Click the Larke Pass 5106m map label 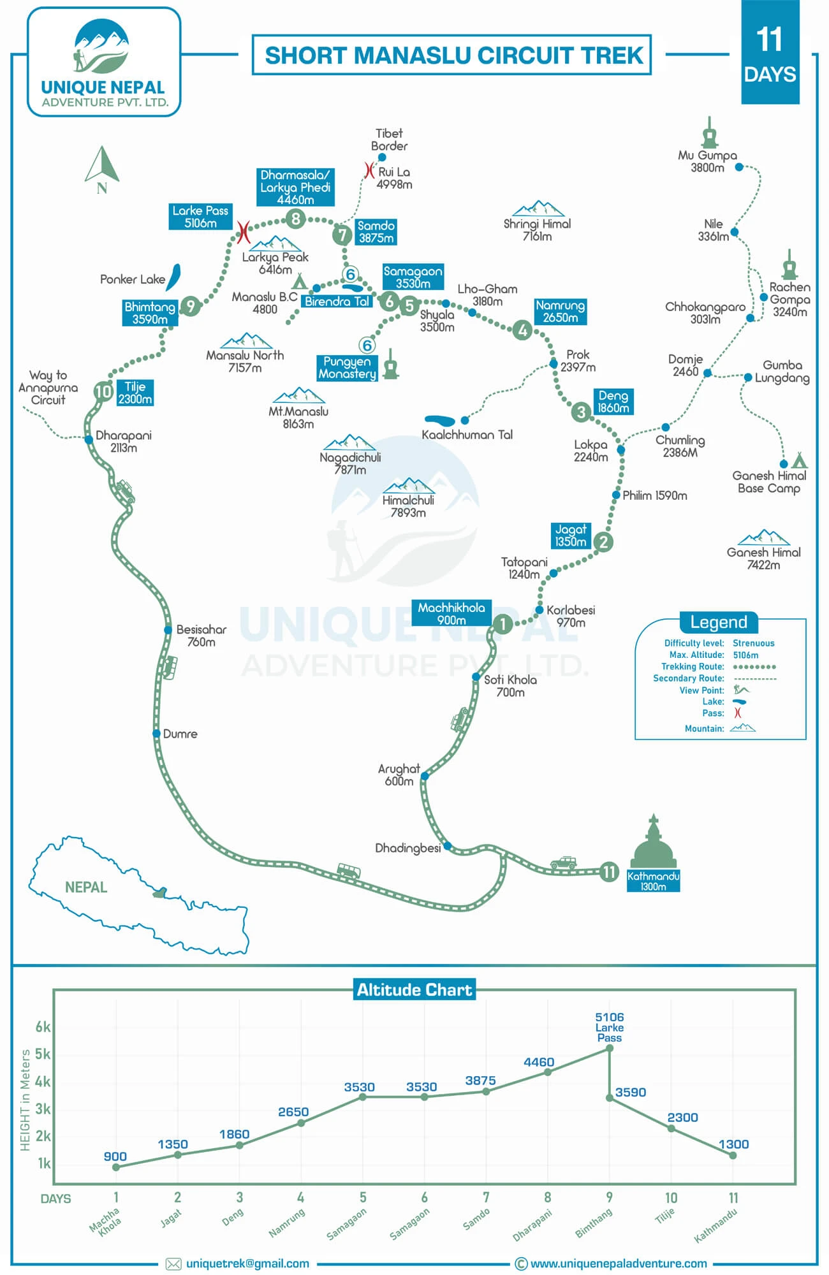pos(200,217)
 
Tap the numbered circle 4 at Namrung pos(523,330)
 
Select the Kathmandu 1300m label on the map pos(653,881)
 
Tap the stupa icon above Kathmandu pos(653,841)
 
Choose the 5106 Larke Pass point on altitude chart pos(610,1048)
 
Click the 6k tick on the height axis pos(43,1026)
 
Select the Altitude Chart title pos(414,989)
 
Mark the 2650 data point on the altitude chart pos(301,1123)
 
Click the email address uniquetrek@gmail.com pos(247,1264)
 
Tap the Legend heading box pos(718,622)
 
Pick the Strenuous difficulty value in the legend pos(754,643)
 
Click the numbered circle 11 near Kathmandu pos(610,871)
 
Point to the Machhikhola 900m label pos(451,613)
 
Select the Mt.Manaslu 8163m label pos(298,418)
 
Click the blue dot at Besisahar pos(168,630)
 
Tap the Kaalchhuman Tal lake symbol pos(440,421)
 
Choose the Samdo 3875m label pos(376,231)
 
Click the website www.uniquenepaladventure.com pos(619,1264)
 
